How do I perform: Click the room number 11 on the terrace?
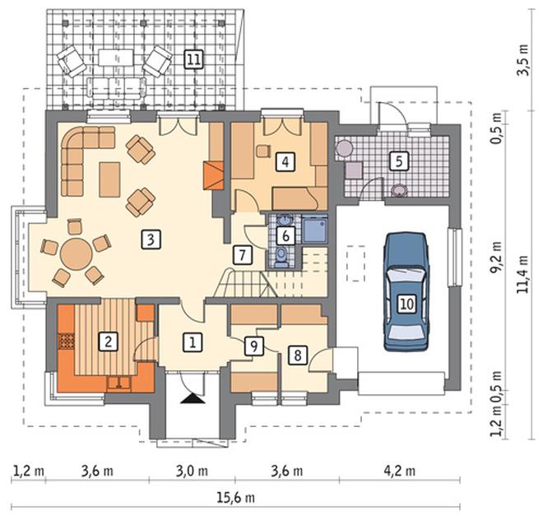click(x=193, y=59)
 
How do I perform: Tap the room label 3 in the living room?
click(x=151, y=239)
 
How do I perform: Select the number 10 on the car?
click(x=406, y=304)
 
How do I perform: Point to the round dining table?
click(x=77, y=254)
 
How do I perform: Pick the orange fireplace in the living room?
click(x=213, y=175)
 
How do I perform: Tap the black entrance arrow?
click(x=193, y=398)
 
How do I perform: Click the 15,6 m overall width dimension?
click(x=235, y=498)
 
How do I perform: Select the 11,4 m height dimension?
click(x=522, y=274)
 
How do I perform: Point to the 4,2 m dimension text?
click(x=399, y=471)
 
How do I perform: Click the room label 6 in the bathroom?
click(x=285, y=236)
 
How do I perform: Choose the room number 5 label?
click(x=398, y=161)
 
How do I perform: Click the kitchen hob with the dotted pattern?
click(x=66, y=341)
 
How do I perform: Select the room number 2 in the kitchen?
click(x=108, y=342)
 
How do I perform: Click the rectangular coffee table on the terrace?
click(x=116, y=58)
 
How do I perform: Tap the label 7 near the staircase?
click(x=242, y=255)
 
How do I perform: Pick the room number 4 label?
click(x=285, y=161)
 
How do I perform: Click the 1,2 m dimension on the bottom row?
click(x=29, y=471)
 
